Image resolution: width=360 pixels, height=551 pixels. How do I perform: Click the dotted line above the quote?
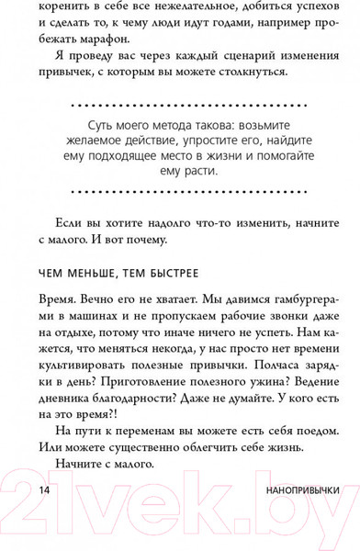pyautogui.click(x=179, y=107)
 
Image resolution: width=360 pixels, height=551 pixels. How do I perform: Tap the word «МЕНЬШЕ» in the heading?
pyautogui.click(x=71, y=274)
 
